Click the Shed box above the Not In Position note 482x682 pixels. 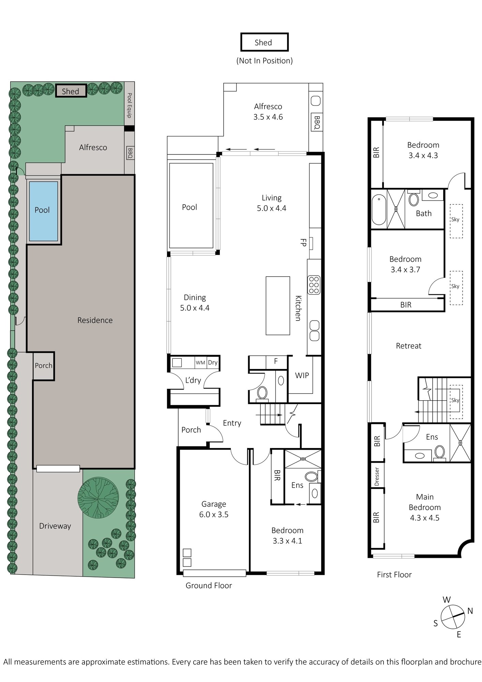264,42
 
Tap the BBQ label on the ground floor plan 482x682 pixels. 317,122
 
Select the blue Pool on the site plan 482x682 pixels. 43,211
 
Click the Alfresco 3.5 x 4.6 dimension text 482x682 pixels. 268,117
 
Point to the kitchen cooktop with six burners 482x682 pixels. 314,285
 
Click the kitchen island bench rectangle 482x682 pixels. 278,306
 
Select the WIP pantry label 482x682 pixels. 302,375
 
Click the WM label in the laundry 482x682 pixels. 200,362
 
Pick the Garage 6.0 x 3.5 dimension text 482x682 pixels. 214,514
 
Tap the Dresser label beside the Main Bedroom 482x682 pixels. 377,476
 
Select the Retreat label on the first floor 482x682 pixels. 408,346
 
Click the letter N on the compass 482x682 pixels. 470,611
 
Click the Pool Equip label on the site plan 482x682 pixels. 129,105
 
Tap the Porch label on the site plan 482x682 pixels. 44,366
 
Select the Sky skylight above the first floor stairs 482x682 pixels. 455,400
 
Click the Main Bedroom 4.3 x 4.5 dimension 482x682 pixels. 424,518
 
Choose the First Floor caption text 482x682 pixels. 394,575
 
